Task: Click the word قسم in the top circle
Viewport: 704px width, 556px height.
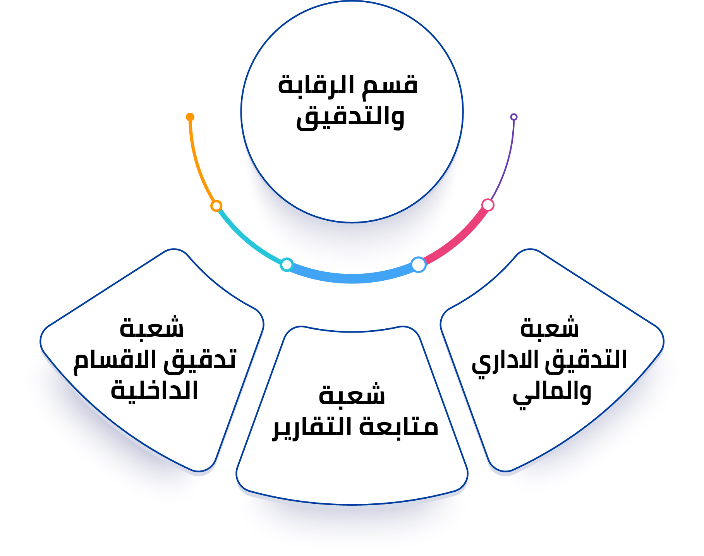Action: [x=390, y=84]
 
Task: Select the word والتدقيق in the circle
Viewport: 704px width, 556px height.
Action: [x=350, y=117]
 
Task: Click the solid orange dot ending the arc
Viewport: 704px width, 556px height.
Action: [x=190, y=117]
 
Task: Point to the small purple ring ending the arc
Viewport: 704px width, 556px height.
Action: [x=514, y=117]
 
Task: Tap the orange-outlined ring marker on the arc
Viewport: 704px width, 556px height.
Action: [x=216, y=206]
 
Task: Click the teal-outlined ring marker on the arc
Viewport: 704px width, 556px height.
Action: [x=287, y=264]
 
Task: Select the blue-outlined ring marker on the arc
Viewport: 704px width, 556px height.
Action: [x=418, y=264]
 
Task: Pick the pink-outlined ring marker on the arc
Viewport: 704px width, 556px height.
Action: [x=488, y=205]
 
